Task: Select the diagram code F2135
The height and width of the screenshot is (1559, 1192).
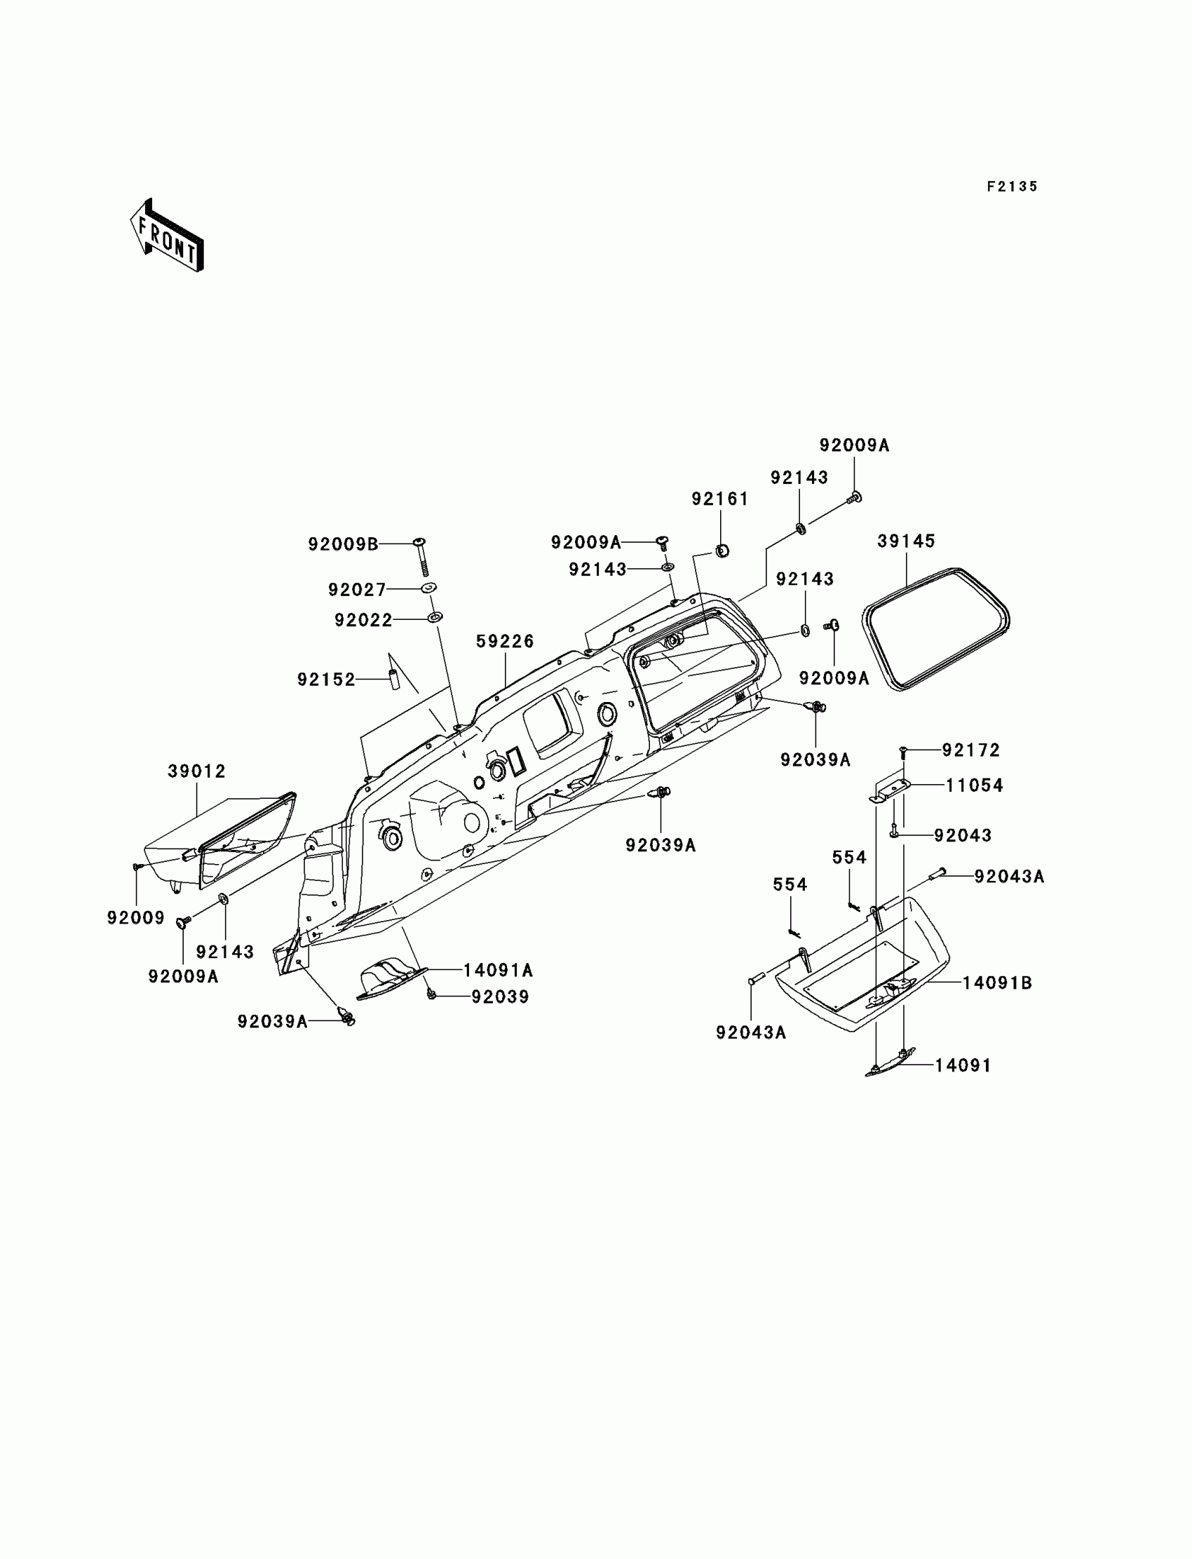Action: [1012, 187]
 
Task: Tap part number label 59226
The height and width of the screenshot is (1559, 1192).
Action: [504, 642]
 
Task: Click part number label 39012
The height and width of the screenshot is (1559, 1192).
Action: [196, 771]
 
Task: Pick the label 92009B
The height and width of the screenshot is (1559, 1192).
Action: [343, 544]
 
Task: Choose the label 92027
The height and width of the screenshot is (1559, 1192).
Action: [357, 590]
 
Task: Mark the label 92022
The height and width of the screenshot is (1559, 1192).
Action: [363, 620]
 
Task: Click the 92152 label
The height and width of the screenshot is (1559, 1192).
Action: [325, 680]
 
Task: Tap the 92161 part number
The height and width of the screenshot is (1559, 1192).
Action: [720, 499]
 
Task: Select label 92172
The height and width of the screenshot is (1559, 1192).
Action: [970, 750]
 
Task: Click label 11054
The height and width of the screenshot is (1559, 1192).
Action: [974, 785]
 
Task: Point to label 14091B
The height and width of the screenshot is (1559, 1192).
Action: [997, 983]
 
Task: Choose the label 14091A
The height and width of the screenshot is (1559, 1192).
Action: [498, 970]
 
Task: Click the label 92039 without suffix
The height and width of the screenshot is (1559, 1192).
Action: [500, 997]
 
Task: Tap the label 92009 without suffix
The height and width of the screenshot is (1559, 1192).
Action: [135, 918]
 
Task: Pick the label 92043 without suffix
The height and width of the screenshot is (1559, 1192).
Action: [962, 836]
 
